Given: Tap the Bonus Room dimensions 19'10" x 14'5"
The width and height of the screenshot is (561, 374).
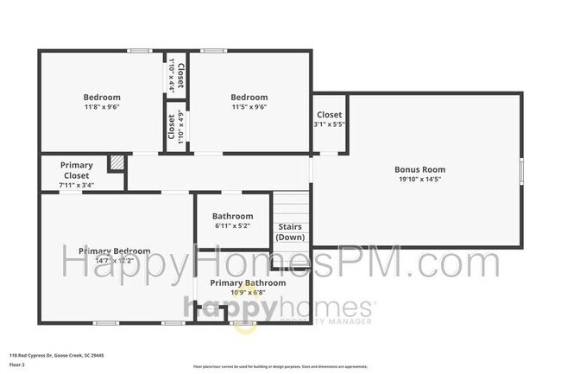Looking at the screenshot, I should pos(420,181).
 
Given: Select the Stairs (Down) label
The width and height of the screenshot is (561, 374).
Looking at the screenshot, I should pos(290,232).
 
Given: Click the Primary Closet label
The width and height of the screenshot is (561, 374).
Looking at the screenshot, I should pos(76,170).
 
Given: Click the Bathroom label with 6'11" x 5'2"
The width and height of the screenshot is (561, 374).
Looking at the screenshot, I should pos(232,216).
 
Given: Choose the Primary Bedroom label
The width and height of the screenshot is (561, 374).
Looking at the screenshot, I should pos(115,251).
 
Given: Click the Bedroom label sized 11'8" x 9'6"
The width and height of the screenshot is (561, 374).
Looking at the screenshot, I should pos(101,98).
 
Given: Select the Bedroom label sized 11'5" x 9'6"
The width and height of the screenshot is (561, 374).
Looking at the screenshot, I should pos(249,98).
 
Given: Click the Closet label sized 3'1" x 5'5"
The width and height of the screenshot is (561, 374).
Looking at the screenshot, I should pos(329,115).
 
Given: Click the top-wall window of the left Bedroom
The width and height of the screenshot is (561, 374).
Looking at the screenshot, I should pos(140,51).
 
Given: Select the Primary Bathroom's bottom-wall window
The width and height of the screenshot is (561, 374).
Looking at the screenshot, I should pos(243,323).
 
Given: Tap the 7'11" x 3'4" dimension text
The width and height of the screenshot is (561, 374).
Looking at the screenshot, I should pos(76,185).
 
